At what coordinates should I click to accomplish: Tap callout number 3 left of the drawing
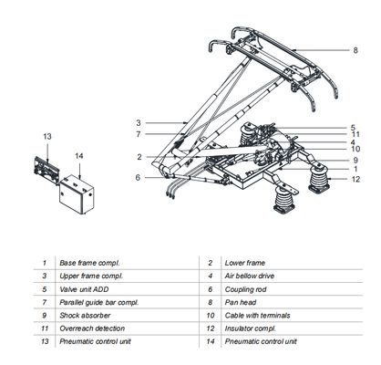coord(138,121)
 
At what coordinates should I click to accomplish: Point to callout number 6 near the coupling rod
coord(138,176)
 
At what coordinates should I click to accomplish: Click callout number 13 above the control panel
coord(47,135)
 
